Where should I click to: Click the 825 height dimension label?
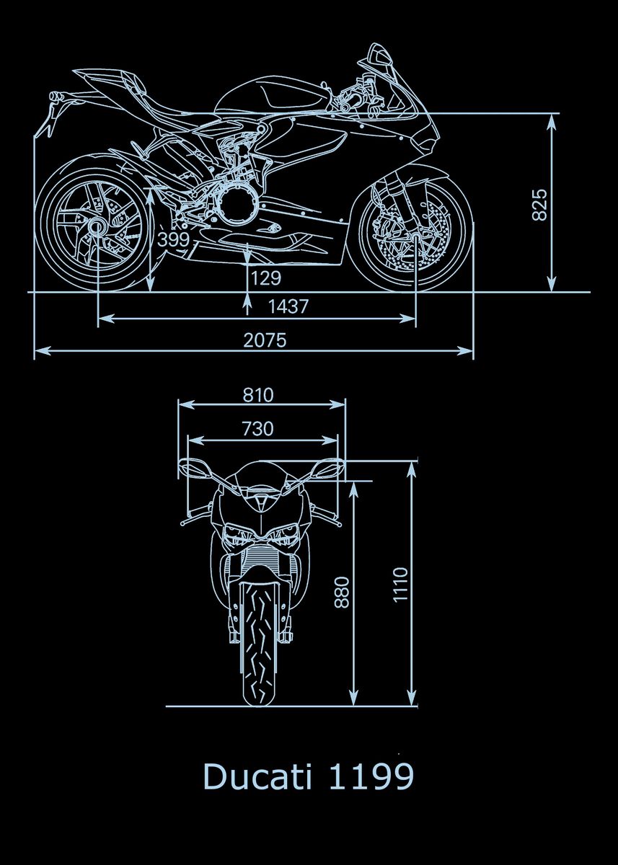(x=540, y=204)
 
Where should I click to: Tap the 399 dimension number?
(x=174, y=240)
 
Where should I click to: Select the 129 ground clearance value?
(x=265, y=278)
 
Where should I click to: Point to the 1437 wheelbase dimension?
(x=288, y=306)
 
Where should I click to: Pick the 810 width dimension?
(x=257, y=395)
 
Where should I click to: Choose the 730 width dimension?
(x=257, y=429)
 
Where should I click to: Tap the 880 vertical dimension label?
(x=342, y=591)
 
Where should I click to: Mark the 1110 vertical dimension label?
(x=400, y=585)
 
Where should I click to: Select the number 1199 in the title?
(x=371, y=777)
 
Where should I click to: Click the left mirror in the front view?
(x=193, y=466)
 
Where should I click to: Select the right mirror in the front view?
(x=328, y=466)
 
